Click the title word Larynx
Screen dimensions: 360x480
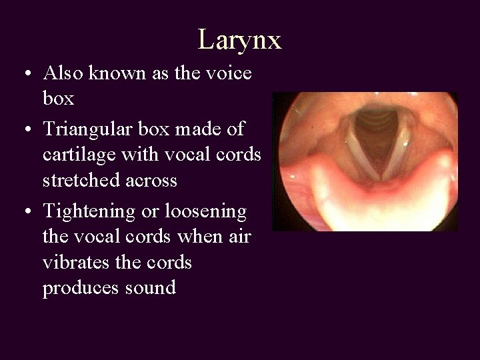coord(239,40)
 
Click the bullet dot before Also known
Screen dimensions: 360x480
coord(24,74)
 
